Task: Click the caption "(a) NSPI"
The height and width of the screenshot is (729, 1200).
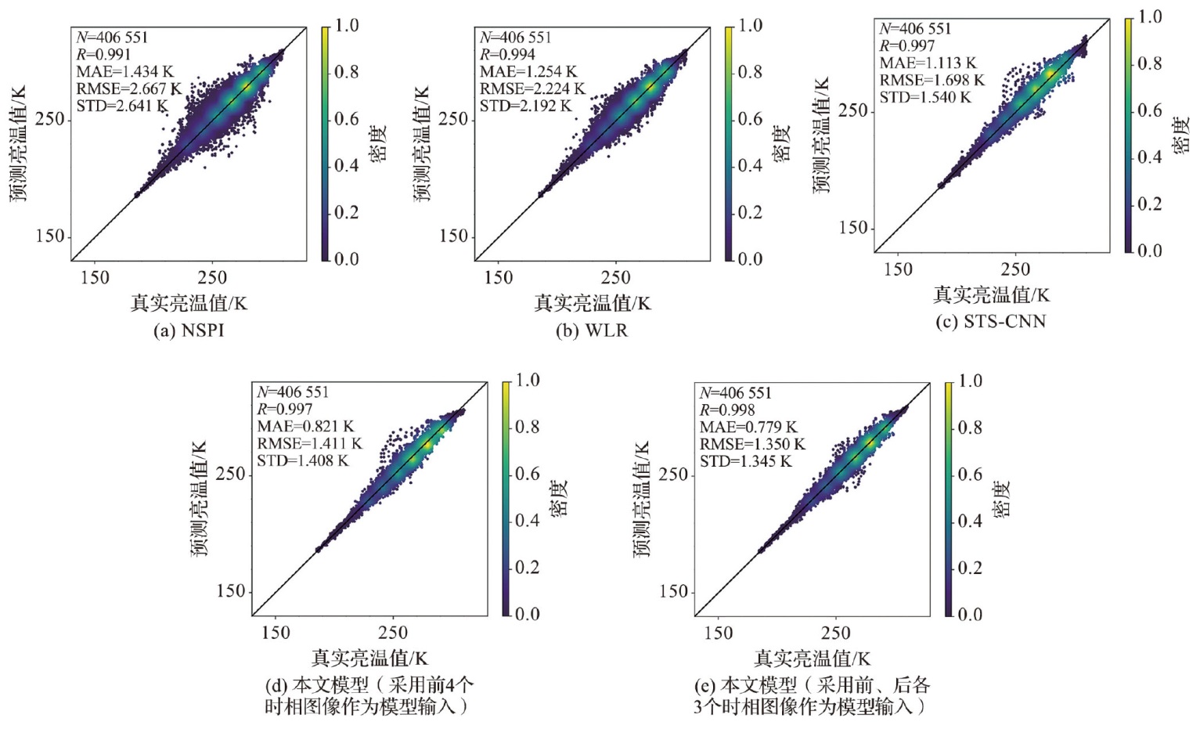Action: [x=189, y=330]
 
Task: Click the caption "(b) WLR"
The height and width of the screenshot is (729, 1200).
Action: [x=592, y=330]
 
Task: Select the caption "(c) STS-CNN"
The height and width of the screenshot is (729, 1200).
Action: [x=991, y=322]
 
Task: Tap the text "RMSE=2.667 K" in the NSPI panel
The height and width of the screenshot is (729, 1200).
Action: [x=128, y=89]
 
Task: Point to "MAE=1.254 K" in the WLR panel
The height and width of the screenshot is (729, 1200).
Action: [x=528, y=72]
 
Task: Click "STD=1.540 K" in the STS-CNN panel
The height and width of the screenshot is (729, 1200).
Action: [x=924, y=98]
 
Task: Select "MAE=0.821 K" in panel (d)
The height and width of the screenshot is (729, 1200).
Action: [x=305, y=427]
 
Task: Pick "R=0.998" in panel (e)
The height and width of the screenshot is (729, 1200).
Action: [x=727, y=410]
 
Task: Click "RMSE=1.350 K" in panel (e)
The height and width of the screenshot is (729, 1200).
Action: [x=751, y=445]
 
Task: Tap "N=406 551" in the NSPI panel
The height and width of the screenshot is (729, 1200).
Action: [x=112, y=38]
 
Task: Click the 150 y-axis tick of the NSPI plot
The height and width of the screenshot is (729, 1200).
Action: [x=50, y=236]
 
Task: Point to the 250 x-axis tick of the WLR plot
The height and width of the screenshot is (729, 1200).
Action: [x=615, y=278]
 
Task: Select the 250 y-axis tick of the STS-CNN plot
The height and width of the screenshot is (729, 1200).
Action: [x=853, y=111]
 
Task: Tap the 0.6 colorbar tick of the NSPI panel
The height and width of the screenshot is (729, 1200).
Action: [x=347, y=119]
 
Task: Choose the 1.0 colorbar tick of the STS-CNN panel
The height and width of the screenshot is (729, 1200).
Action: [x=1150, y=17]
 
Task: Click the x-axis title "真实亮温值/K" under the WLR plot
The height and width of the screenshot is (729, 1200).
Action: [x=592, y=304]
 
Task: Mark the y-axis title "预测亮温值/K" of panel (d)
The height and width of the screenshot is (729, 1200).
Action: [x=200, y=499]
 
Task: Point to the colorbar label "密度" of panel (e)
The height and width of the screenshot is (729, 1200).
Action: [x=1003, y=499]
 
